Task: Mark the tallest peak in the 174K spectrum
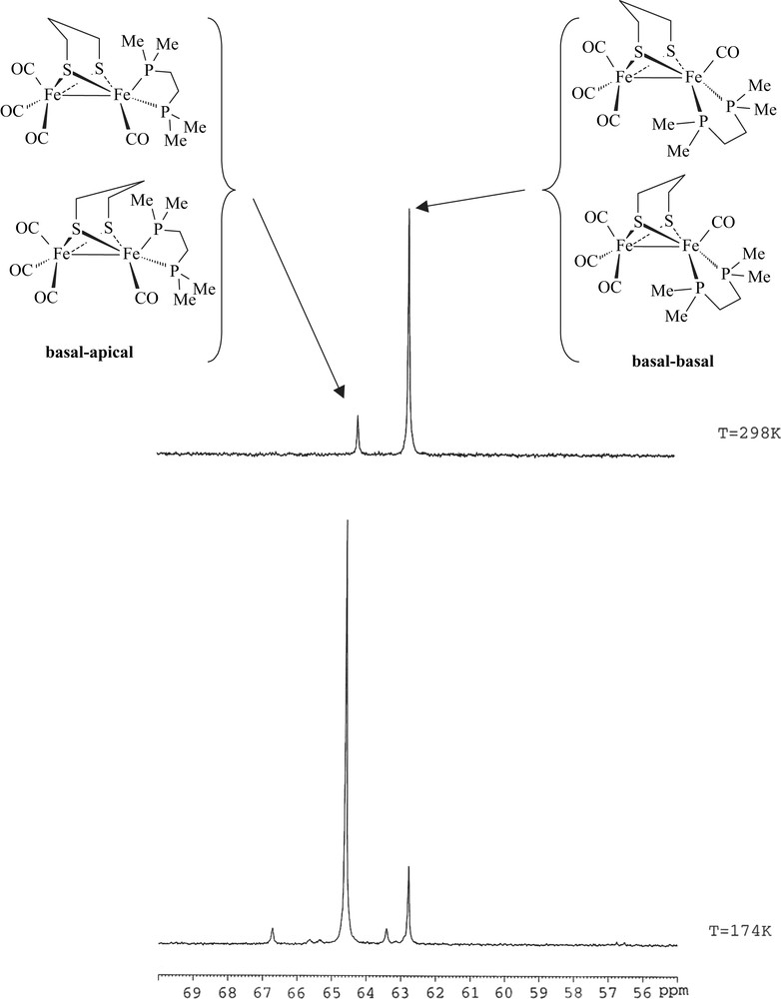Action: [347, 524]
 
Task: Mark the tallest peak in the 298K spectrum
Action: [408, 212]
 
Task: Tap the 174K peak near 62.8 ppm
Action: [408, 869]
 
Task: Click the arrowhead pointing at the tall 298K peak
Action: [422, 207]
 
